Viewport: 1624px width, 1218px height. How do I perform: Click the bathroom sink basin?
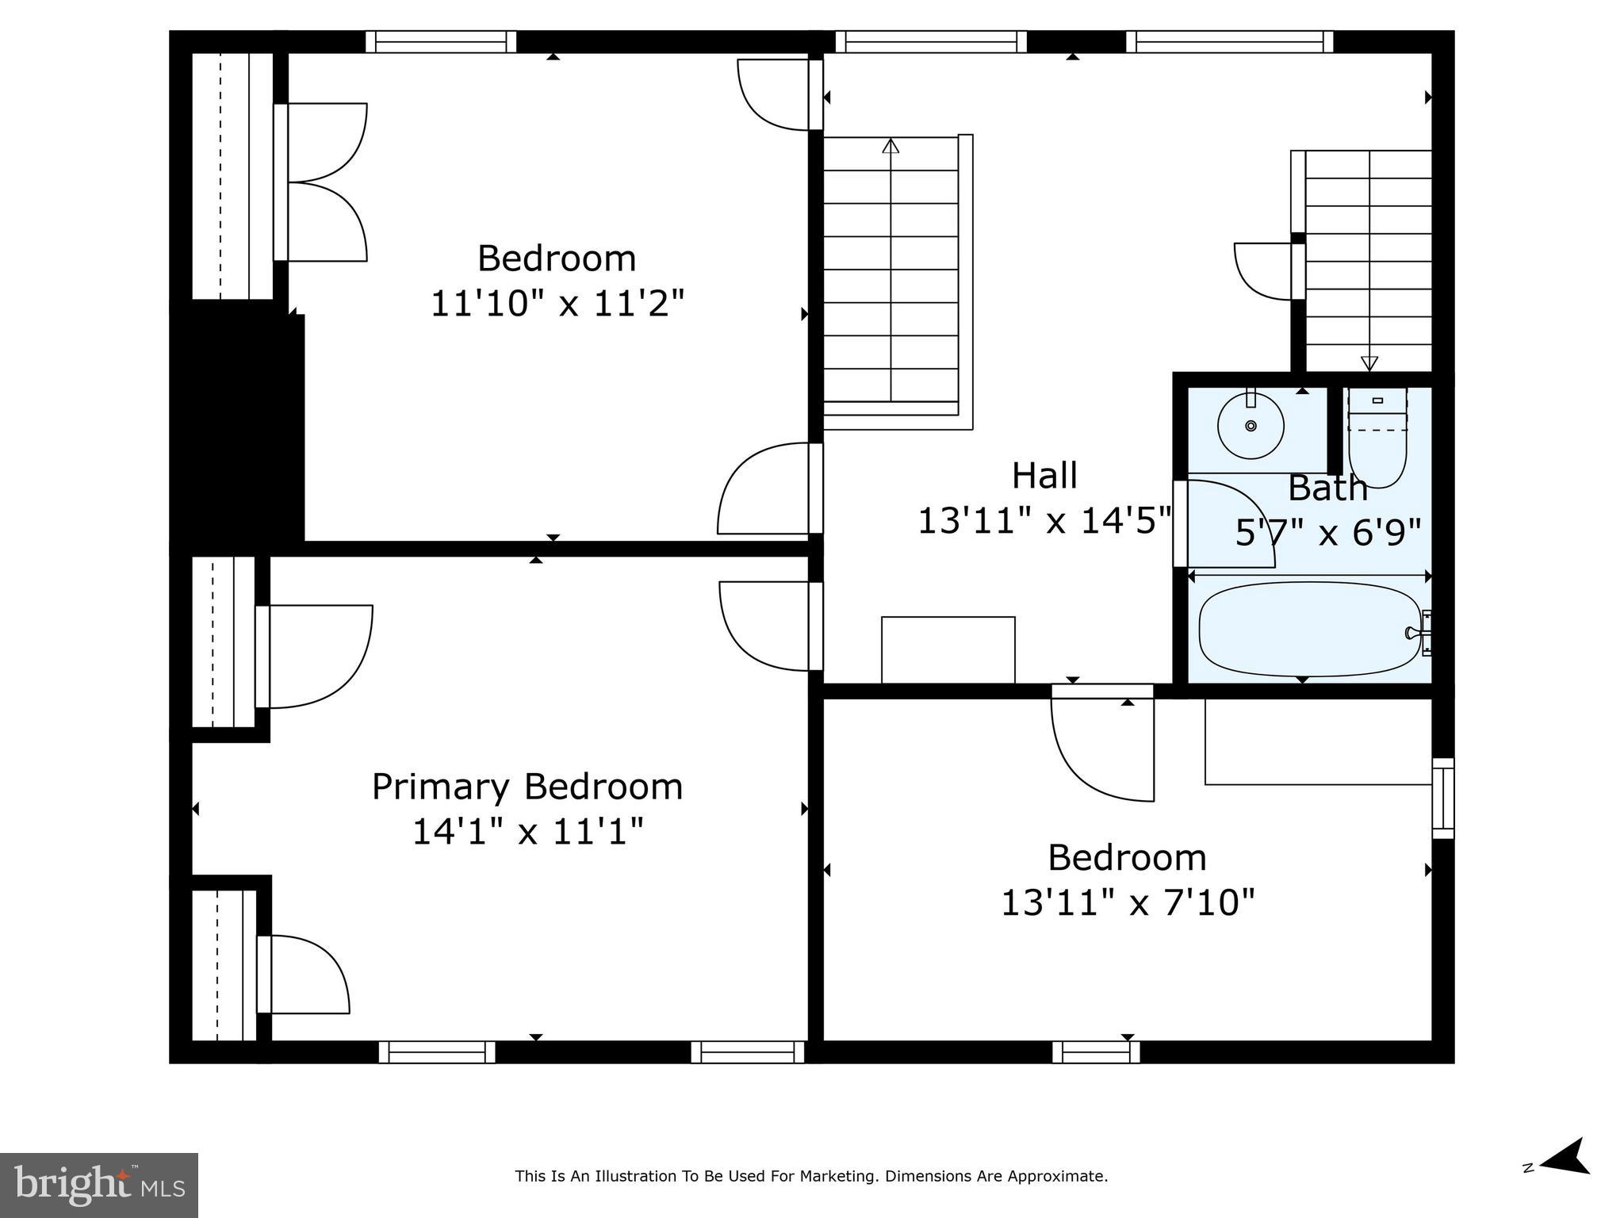(x=1251, y=426)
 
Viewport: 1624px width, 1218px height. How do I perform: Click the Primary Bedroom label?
(x=527, y=787)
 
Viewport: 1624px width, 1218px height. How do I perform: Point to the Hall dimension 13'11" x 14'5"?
(x=1044, y=521)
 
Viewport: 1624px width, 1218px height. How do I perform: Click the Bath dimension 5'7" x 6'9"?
(x=1328, y=533)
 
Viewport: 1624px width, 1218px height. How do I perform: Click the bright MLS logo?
(x=99, y=1185)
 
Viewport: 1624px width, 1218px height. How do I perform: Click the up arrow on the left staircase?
(x=891, y=146)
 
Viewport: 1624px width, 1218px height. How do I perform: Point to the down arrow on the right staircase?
(x=1369, y=364)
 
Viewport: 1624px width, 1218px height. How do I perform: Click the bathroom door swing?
(x=1225, y=523)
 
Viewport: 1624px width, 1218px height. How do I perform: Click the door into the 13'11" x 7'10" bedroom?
(x=1102, y=745)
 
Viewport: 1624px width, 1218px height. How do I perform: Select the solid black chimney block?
(x=238, y=424)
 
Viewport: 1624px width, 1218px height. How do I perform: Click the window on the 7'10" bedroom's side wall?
(x=1442, y=798)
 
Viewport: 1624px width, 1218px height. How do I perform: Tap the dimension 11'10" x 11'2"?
(x=557, y=303)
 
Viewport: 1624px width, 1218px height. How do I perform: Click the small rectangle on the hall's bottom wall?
(x=948, y=649)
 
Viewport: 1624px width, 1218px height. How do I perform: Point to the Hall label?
(x=1044, y=476)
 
